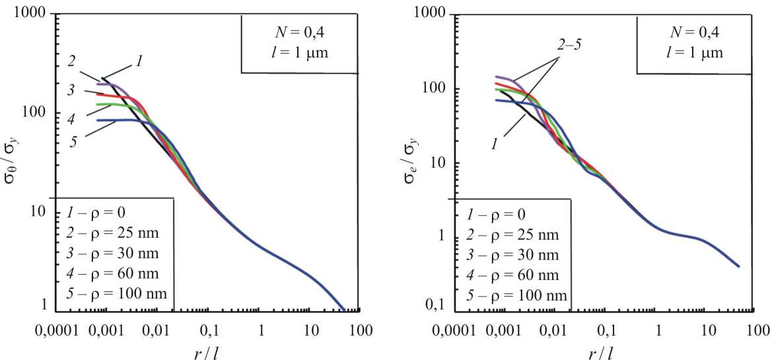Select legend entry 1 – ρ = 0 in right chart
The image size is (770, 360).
495,215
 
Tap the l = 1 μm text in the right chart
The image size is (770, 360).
687,53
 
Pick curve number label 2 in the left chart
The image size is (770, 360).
71,61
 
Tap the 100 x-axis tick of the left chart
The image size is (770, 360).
359,328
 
